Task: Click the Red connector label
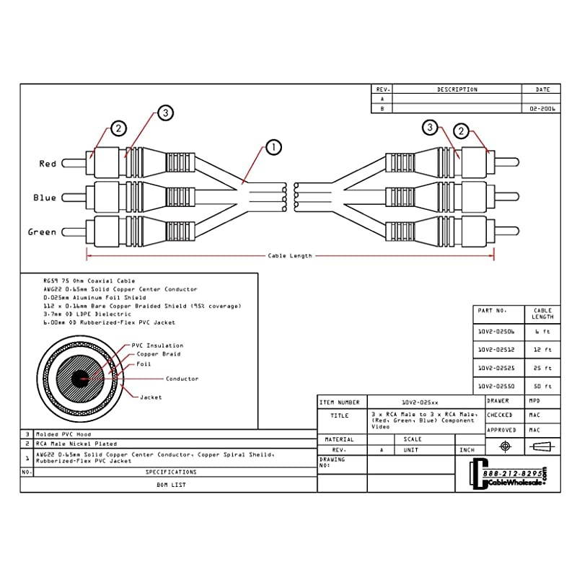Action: point(48,164)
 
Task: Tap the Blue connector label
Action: point(45,198)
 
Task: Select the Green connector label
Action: point(42,232)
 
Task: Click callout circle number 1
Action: point(273,148)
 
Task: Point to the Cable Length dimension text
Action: point(290,255)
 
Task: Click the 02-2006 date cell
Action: point(542,108)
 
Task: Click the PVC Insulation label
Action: point(157,345)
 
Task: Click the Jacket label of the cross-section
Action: point(151,397)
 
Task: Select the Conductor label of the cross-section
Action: point(182,379)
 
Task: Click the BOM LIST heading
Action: point(171,485)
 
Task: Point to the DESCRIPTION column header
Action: point(457,89)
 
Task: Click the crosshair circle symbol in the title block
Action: point(505,447)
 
